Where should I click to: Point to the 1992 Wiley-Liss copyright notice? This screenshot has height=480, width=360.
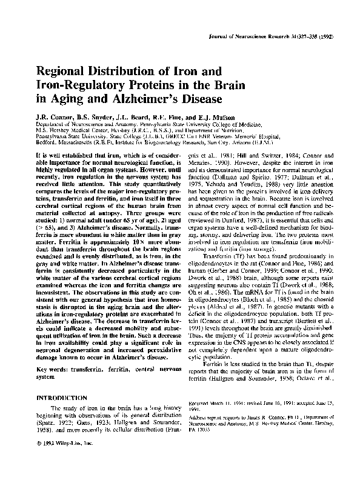point(60,461)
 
